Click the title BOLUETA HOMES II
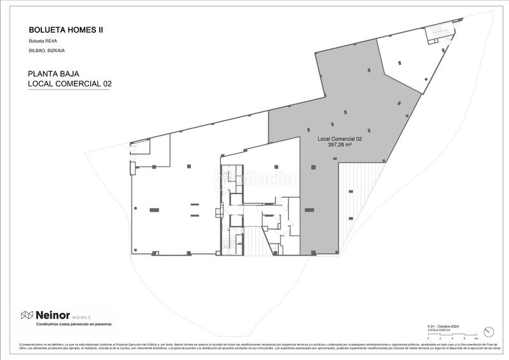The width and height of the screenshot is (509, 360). tap(66, 29)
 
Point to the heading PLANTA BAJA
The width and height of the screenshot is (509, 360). tap(53, 74)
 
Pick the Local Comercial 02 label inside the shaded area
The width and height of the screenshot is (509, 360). tap(339, 139)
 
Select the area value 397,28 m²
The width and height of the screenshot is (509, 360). tap(339, 145)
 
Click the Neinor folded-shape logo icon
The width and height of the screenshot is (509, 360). tap(27, 315)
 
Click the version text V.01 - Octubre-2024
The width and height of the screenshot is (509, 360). tap(443, 326)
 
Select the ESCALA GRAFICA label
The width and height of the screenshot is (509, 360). tap(438, 330)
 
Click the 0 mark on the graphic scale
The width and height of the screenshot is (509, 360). tap(429, 338)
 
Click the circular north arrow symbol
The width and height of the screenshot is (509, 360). tap(489, 331)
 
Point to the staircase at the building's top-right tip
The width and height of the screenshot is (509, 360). tap(440, 32)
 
